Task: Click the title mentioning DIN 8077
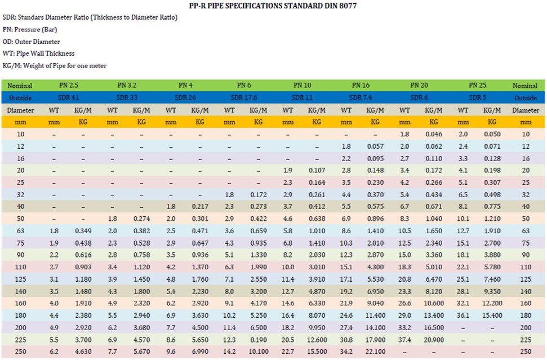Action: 273,6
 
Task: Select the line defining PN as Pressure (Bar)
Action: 30,30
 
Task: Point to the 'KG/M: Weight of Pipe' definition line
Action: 55,66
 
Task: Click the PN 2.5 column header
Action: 68,86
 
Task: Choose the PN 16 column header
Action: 361,86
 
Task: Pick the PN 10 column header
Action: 302,86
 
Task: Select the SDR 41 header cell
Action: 68,97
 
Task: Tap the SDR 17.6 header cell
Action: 244,97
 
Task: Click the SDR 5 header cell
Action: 478,97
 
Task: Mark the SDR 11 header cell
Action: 302,97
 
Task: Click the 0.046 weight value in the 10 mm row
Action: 433,134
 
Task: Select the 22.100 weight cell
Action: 375,352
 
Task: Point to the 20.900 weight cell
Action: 433,340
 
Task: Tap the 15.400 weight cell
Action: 492,315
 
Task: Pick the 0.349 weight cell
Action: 83,231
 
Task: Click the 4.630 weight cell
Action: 83,352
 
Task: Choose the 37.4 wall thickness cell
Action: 404,340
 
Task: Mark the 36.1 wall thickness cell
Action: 463,315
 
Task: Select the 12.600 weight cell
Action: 317,340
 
